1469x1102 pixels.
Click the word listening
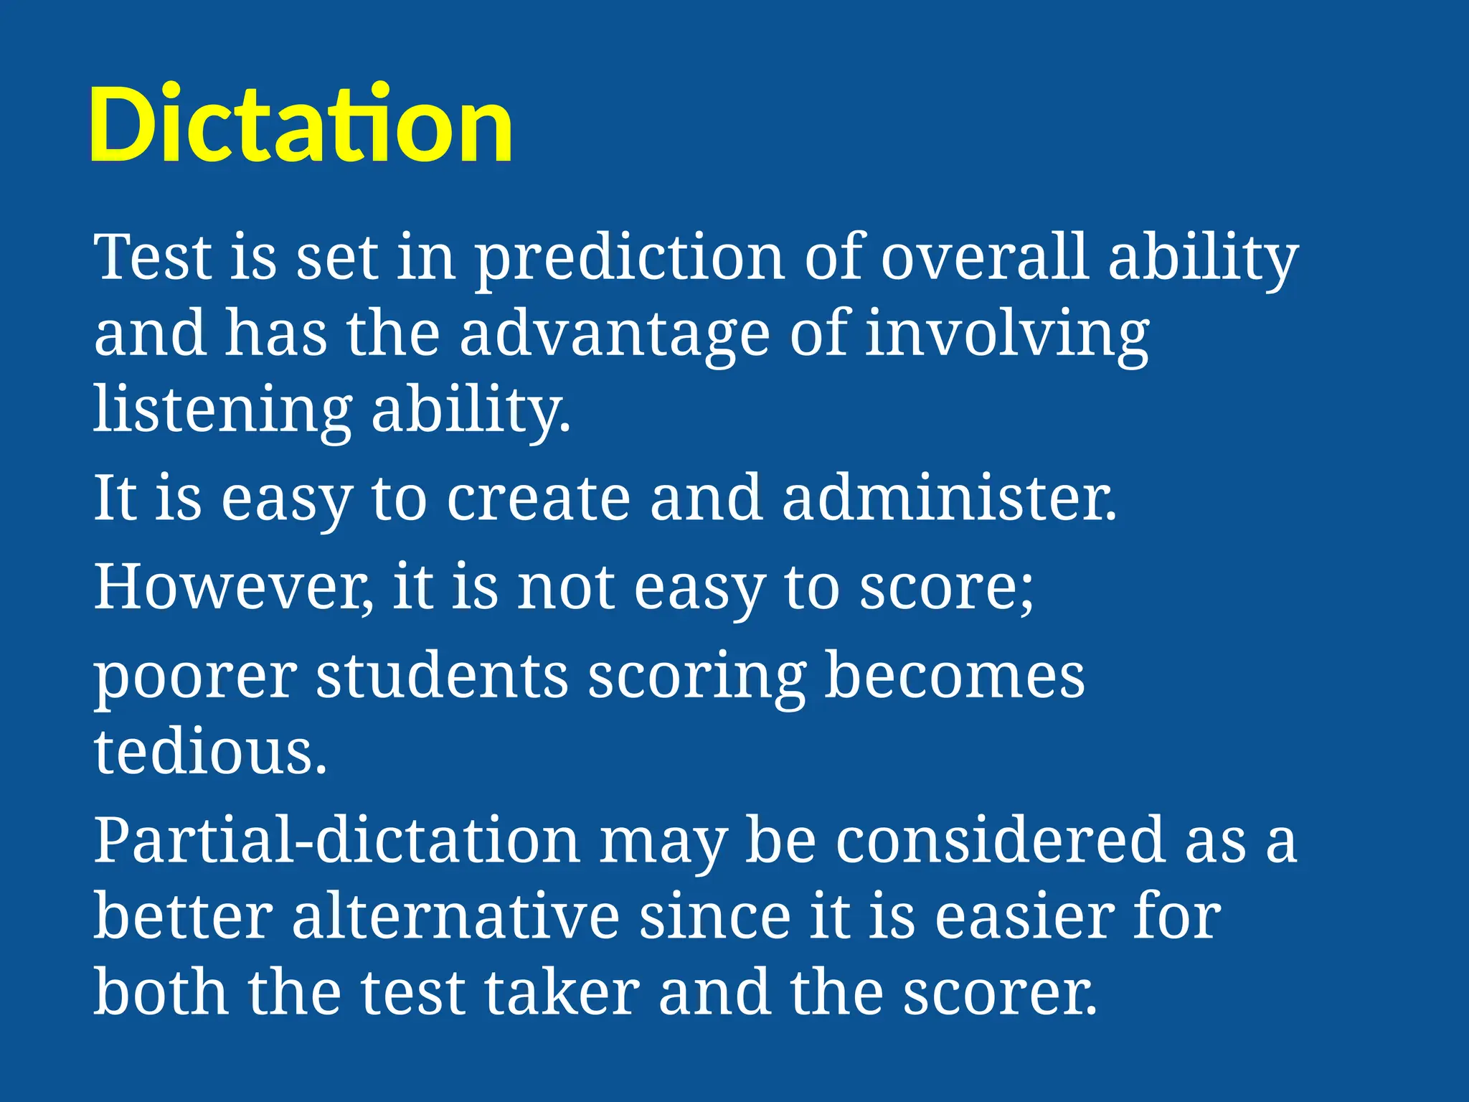click(x=222, y=410)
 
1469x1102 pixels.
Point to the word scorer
click(x=999, y=994)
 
